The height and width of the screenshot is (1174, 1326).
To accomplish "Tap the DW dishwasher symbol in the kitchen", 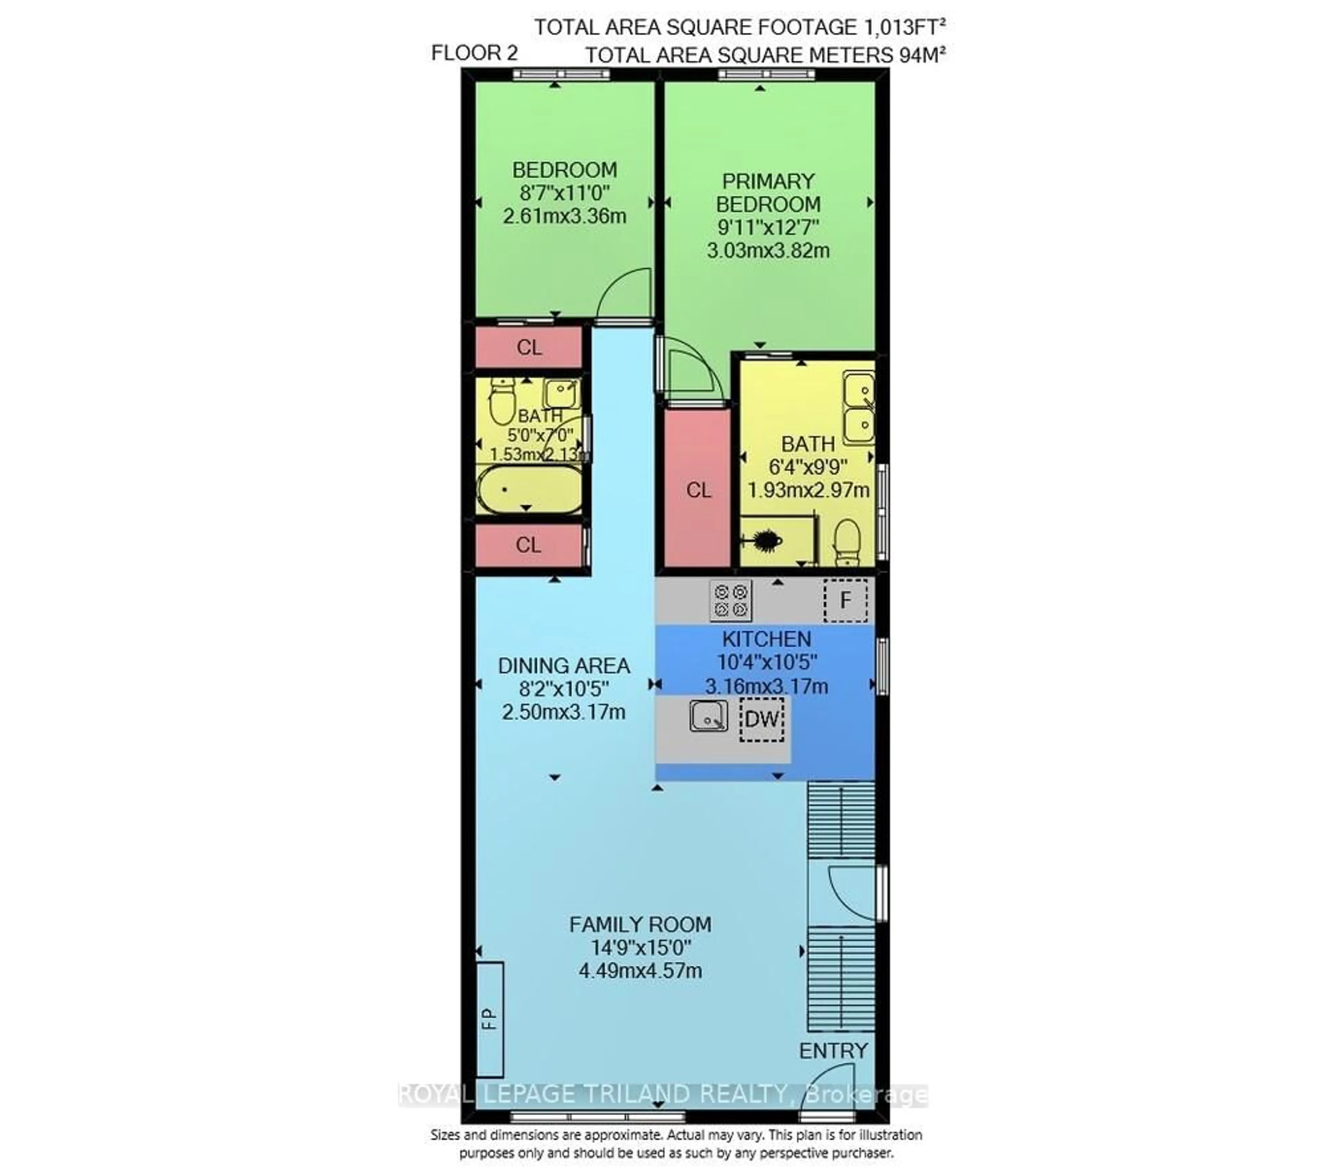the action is [762, 719].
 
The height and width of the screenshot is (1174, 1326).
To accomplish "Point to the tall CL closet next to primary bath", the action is [698, 490].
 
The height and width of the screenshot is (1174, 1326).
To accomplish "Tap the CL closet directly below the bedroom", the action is [529, 348].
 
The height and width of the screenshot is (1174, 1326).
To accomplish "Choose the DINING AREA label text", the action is [564, 666].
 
